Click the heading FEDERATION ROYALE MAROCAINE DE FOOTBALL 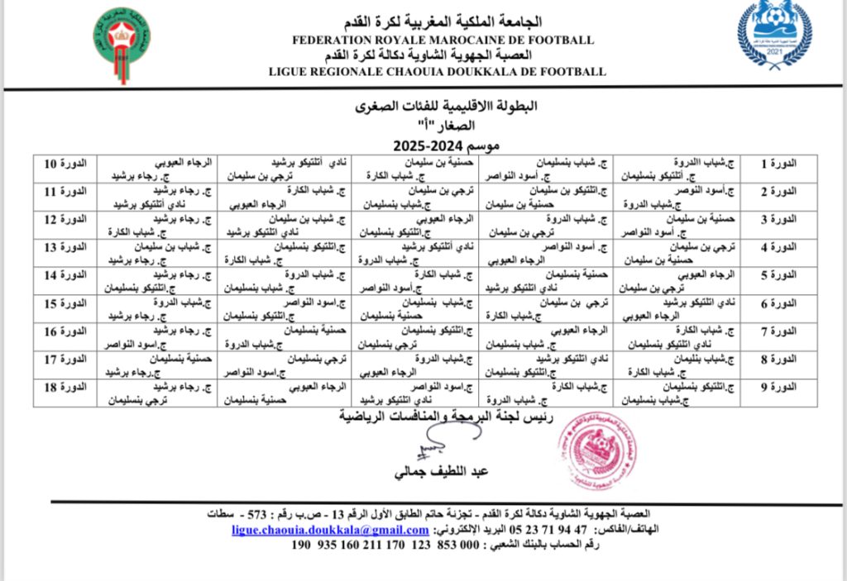point(443,40)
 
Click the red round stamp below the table point(596,450)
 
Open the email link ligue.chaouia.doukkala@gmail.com point(330,530)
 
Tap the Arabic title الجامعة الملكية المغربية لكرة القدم point(443,22)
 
